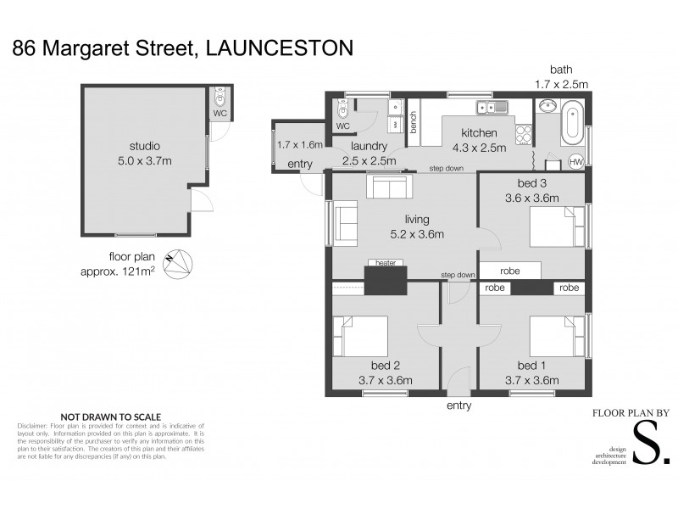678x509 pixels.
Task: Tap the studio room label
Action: (144, 146)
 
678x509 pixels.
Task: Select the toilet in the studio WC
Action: (220, 97)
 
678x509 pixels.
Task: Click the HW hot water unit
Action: (575, 161)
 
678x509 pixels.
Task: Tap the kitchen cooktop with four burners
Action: (523, 135)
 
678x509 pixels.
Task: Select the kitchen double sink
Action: (492, 108)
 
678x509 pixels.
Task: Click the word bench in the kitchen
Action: (414, 124)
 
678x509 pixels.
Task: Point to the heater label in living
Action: (386, 263)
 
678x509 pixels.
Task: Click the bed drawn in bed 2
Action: (359, 336)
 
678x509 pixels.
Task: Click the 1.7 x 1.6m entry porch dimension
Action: (300, 145)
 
